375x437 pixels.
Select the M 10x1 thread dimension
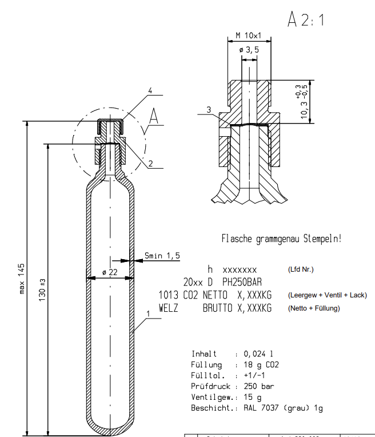coord(248,36)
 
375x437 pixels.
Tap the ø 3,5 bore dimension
coord(249,50)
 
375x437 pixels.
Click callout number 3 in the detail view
coord(209,109)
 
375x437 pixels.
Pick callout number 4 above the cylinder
coord(150,91)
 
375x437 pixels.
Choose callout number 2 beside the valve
coord(150,163)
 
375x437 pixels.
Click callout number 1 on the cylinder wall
coord(148,314)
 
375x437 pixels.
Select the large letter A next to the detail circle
coord(153,117)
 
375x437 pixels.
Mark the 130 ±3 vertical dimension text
coord(42,291)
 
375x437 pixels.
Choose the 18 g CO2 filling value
coord(261,364)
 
